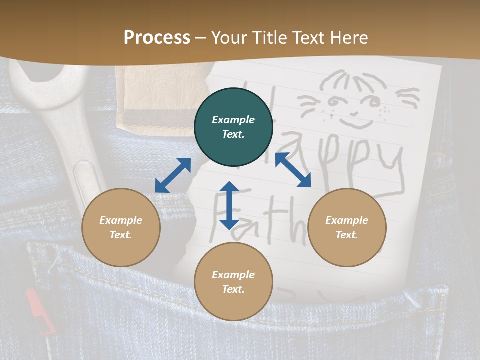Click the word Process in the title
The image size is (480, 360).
point(157,38)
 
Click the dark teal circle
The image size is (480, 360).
point(233,127)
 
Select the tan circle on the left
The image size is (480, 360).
point(121,227)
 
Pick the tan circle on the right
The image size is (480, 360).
point(347,227)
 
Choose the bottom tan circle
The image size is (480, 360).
point(233,282)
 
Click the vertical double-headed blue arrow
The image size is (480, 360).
point(229,205)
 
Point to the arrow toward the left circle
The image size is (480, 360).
point(173,175)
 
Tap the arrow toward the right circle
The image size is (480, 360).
point(293,170)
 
